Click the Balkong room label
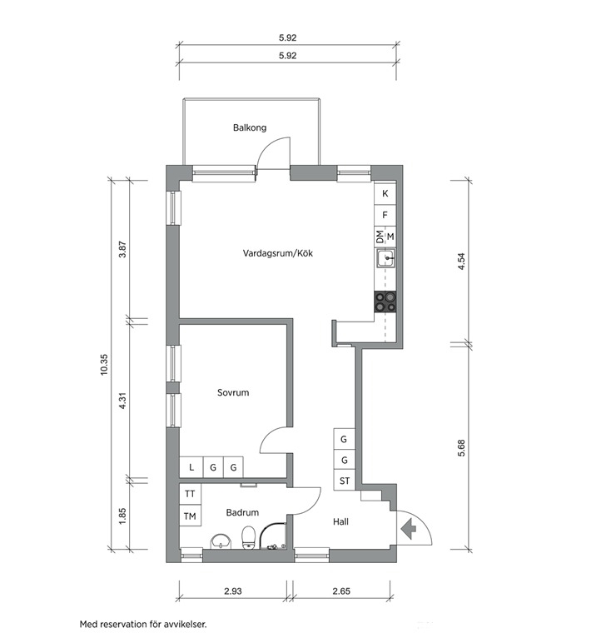point(250,127)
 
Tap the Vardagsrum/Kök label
point(278,253)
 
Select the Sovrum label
point(232,392)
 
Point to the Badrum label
point(242,513)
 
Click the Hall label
point(340,521)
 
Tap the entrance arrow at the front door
point(409,529)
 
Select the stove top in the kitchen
point(385,302)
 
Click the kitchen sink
point(385,258)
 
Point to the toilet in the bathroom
point(249,537)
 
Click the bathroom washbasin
point(221,542)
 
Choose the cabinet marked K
point(385,193)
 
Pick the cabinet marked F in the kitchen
point(385,215)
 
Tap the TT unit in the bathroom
point(190,494)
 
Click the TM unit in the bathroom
point(190,516)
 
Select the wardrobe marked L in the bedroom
point(191,467)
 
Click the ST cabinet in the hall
point(345,481)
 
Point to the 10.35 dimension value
point(105,364)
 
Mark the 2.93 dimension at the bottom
point(233,591)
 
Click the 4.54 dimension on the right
point(461,262)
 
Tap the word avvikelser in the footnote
point(186,624)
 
